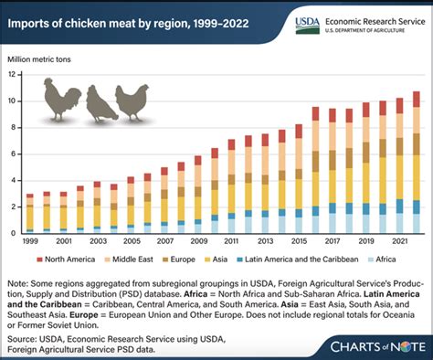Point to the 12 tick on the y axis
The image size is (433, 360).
[x=14, y=75]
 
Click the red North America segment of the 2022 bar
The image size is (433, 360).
[x=416, y=99]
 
